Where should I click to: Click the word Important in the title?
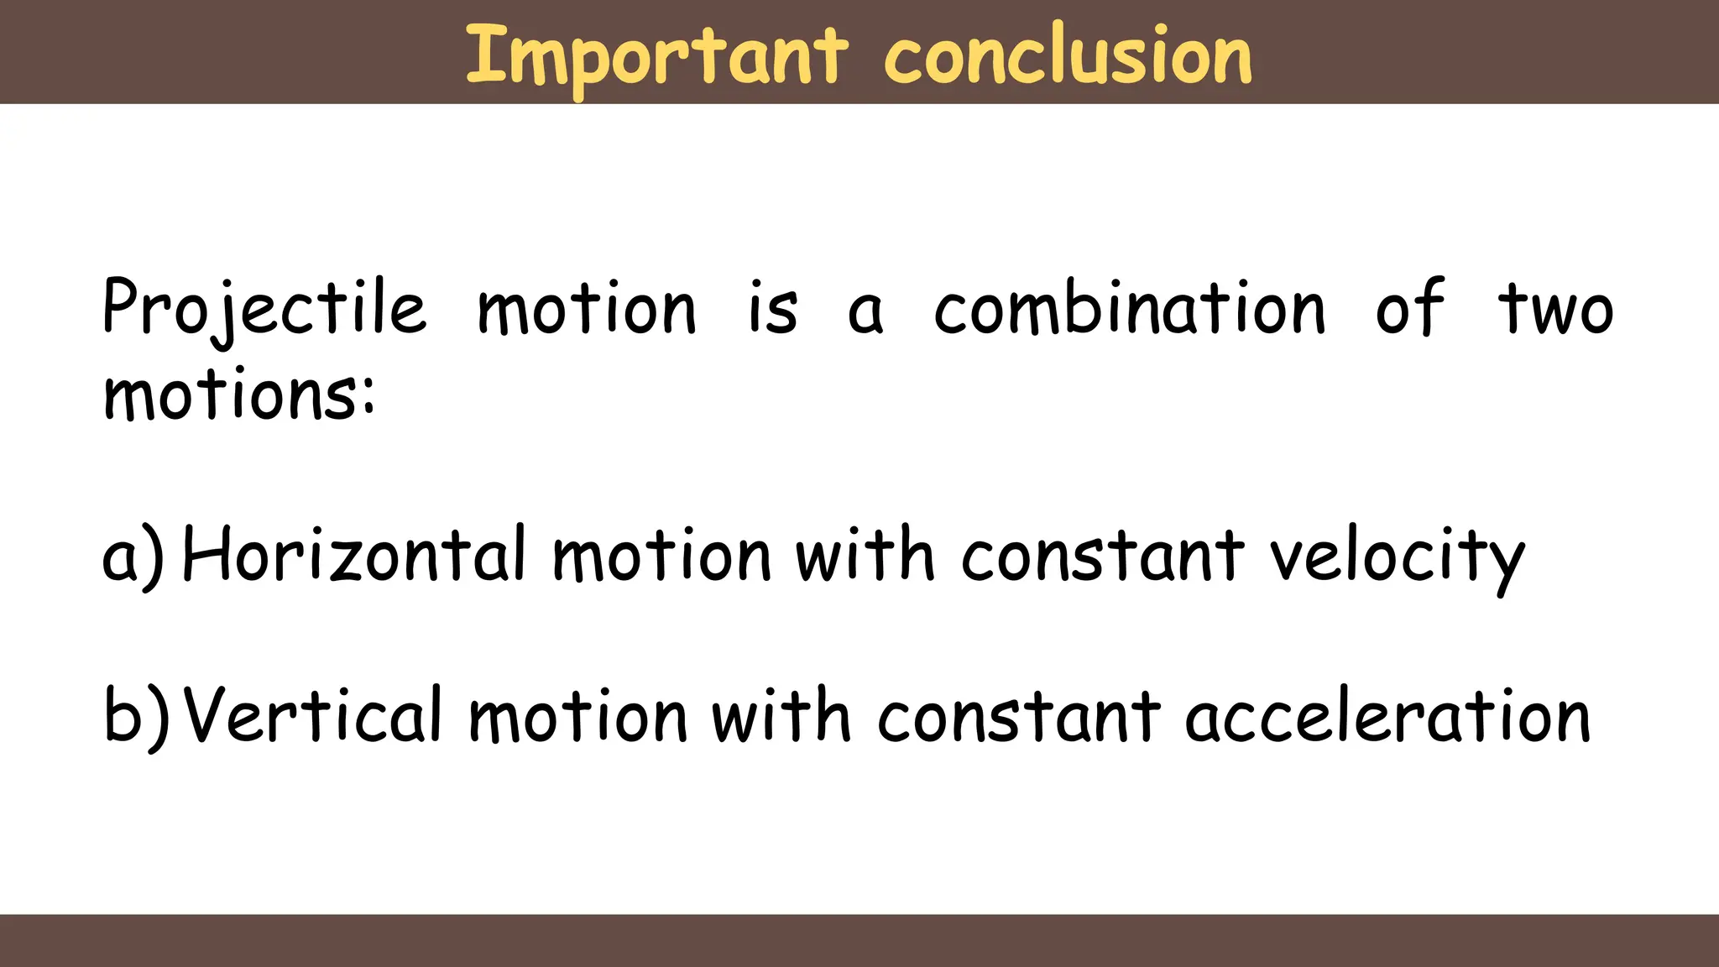[656, 57]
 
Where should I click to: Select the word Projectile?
[264, 309]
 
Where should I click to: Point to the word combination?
[1130, 307]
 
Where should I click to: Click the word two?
[1555, 309]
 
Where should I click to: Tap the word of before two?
[1410, 307]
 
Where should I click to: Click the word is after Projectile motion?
[772, 309]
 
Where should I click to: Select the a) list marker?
[133, 556]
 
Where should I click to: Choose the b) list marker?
[135, 717]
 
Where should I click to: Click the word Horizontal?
[353, 554]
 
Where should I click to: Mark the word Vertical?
[313, 715]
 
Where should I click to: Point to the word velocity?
[1397, 557]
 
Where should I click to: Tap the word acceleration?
[1387, 717]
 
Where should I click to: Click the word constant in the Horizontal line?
[1103, 556]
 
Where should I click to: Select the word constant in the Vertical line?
[1019, 717]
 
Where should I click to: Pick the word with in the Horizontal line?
[865, 554]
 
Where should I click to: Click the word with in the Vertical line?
[781, 715]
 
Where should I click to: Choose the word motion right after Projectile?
[587, 309]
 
